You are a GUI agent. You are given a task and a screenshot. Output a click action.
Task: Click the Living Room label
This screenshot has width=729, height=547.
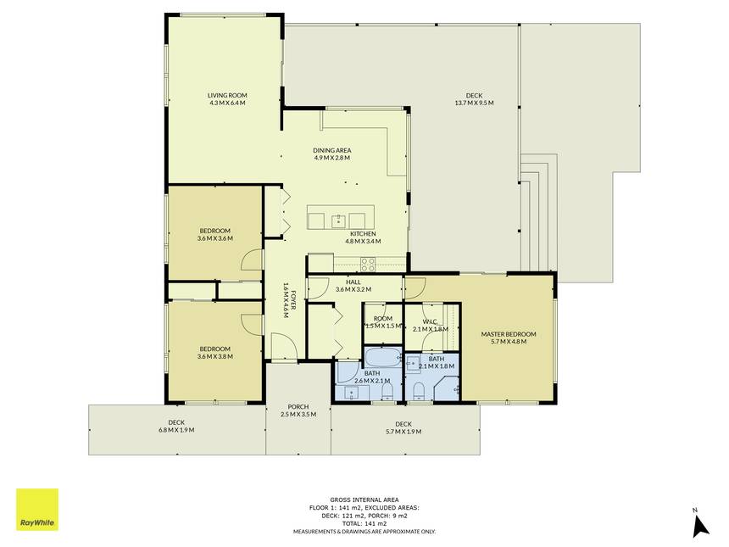coord(227,99)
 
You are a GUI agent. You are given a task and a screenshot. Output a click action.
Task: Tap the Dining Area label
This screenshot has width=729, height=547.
coord(332,154)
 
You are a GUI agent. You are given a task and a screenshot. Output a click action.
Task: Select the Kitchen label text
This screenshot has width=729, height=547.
coord(363,237)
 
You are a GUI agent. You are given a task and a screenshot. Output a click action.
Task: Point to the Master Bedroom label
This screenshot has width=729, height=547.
coord(509,338)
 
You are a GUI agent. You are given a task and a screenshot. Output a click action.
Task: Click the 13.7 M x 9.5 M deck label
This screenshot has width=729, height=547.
coord(474,99)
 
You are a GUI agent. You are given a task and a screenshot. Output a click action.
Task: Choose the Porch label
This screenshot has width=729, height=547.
coord(298,410)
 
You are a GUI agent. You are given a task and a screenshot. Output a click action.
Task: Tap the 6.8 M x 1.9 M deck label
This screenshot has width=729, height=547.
coord(176,426)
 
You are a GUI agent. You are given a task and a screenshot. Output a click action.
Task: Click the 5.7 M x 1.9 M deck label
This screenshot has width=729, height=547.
coord(403,427)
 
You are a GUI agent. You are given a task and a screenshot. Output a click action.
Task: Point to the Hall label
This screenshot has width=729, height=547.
coord(353,286)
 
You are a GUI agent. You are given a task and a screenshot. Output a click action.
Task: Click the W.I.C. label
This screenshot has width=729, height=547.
coord(431,325)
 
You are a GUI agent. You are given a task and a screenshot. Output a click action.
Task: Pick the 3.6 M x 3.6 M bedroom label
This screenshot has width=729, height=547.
coord(214,234)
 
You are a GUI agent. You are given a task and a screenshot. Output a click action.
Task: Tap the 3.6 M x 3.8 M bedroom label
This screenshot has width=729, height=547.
coord(214,353)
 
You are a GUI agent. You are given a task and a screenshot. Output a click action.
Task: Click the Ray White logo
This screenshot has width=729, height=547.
coord(37,510)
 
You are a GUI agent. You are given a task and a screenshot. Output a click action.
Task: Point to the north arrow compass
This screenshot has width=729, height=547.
coord(699,522)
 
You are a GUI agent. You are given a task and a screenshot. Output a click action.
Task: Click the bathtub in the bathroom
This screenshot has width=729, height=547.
coord(382,357)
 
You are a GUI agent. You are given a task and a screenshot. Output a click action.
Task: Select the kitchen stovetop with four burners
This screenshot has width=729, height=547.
coord(368,265)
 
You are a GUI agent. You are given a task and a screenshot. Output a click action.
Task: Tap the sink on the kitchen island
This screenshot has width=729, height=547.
coord(338,220)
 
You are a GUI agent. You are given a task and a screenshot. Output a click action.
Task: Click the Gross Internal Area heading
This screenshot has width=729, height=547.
coord(364,500)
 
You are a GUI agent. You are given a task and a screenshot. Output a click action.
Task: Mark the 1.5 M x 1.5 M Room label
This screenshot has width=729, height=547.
coord(383,322)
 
